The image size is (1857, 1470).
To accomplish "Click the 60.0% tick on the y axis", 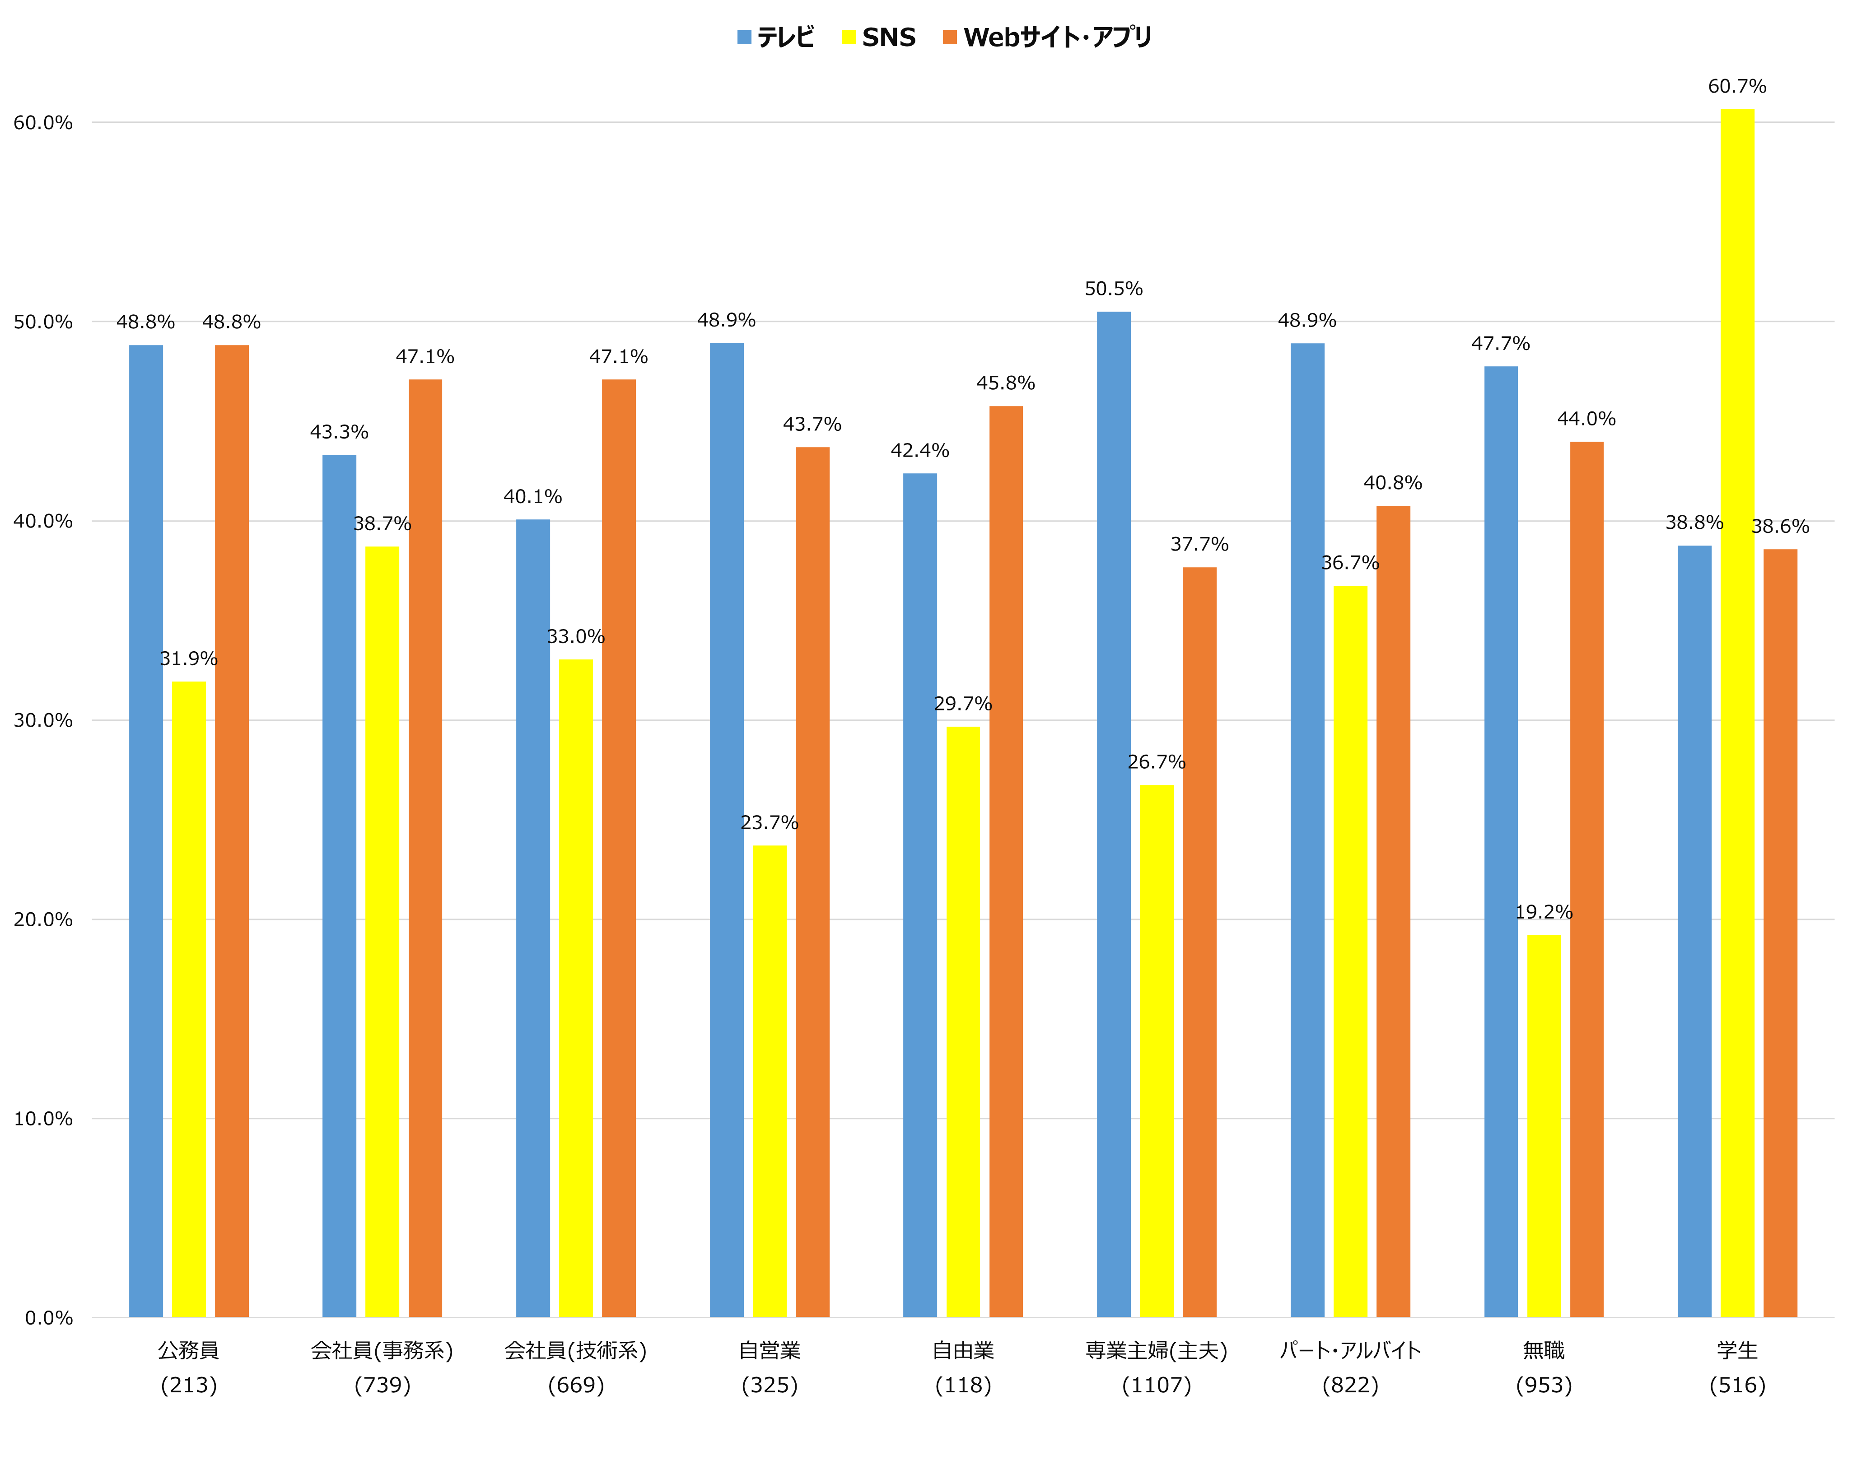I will click(43, 122).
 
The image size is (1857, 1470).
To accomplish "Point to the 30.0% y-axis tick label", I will click(43, 720).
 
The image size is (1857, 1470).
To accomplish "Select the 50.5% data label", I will click(1114, 288).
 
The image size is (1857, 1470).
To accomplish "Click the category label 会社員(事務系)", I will click(382, 1350).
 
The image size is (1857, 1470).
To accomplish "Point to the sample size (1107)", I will click(1157, 1386).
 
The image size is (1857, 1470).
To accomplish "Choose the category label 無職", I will click(1543, 1350).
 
